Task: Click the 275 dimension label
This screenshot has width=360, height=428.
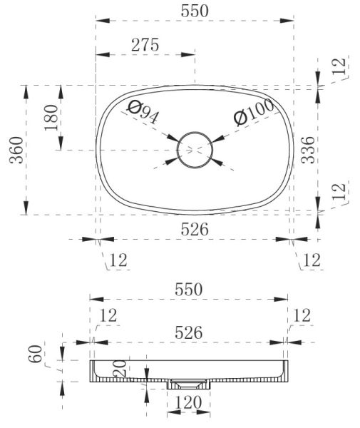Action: [145, 45]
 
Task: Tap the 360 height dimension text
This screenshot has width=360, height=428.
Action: [16, 150]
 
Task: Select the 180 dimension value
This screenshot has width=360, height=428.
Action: [51, 118]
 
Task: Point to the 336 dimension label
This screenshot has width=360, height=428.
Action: [308, 150]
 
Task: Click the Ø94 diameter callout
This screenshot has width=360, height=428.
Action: [143, 112]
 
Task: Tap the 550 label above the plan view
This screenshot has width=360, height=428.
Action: [195, 11]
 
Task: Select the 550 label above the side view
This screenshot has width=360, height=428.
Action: [189, 290]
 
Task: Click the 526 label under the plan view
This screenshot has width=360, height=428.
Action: [195, 229]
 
